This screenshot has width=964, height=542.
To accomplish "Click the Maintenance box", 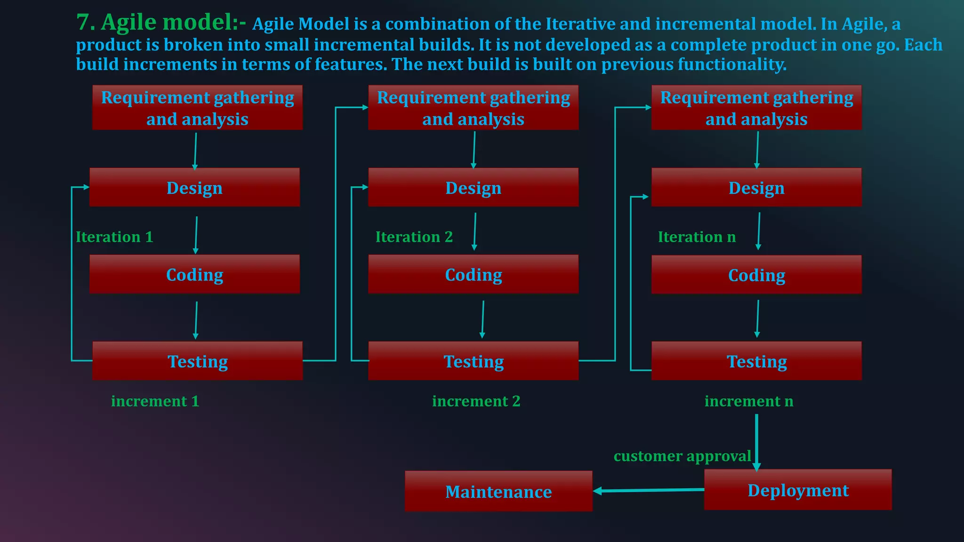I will (498, 491).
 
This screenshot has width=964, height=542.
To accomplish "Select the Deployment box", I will (798, 490).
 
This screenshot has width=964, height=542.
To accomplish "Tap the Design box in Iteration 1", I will (194, 187).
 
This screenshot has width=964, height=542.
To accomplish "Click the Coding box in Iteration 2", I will (473, 274).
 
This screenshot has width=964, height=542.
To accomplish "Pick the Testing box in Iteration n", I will (756, 361).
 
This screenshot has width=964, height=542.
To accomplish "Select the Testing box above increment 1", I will (197, 361).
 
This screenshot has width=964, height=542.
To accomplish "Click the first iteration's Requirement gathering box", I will (197, 108).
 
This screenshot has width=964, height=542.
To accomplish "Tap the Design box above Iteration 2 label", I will (473, 187).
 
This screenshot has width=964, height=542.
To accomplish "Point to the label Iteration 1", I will (114, 237).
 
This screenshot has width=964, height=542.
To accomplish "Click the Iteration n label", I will (697, 237).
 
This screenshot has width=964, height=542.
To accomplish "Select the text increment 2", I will (476, 401).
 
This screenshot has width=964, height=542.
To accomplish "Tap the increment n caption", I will (748, 401).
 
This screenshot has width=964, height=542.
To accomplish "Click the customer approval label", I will (682, 456).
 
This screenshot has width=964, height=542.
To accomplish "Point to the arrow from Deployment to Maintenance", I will (650, 490).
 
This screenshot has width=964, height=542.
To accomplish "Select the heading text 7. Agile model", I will (161, 22).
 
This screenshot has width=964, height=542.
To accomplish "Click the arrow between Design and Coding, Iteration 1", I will (196, 235).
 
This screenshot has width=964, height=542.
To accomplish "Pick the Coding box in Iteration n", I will (756, 275).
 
